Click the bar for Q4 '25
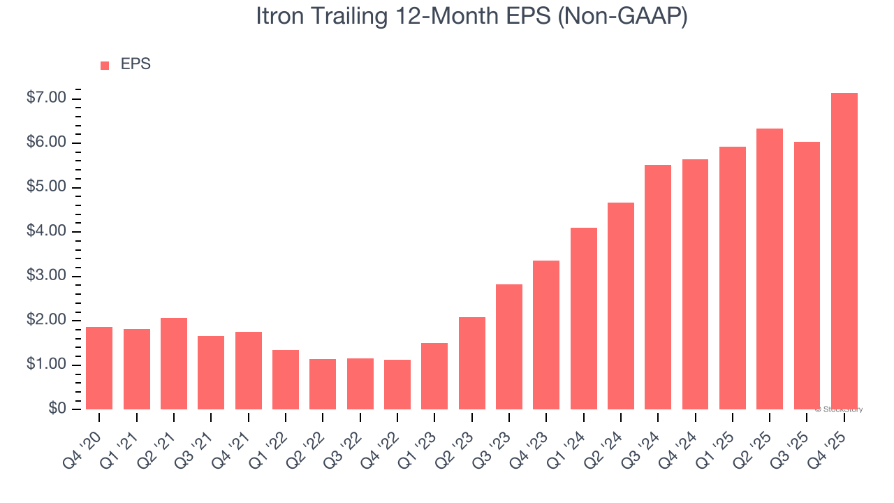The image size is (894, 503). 844,251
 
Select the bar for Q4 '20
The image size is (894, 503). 99,368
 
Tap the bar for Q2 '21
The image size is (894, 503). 174,363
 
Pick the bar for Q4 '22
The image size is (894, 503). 397,384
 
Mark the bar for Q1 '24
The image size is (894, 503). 583,319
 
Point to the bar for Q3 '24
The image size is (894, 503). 658,287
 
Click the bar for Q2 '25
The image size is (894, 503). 770,269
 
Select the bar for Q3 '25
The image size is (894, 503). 807,275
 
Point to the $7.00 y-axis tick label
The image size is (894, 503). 46,99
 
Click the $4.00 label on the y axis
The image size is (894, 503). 46,232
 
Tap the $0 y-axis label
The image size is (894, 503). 57,409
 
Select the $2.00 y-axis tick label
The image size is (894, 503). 46,321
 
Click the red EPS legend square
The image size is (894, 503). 105,66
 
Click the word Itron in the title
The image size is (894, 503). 278,17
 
